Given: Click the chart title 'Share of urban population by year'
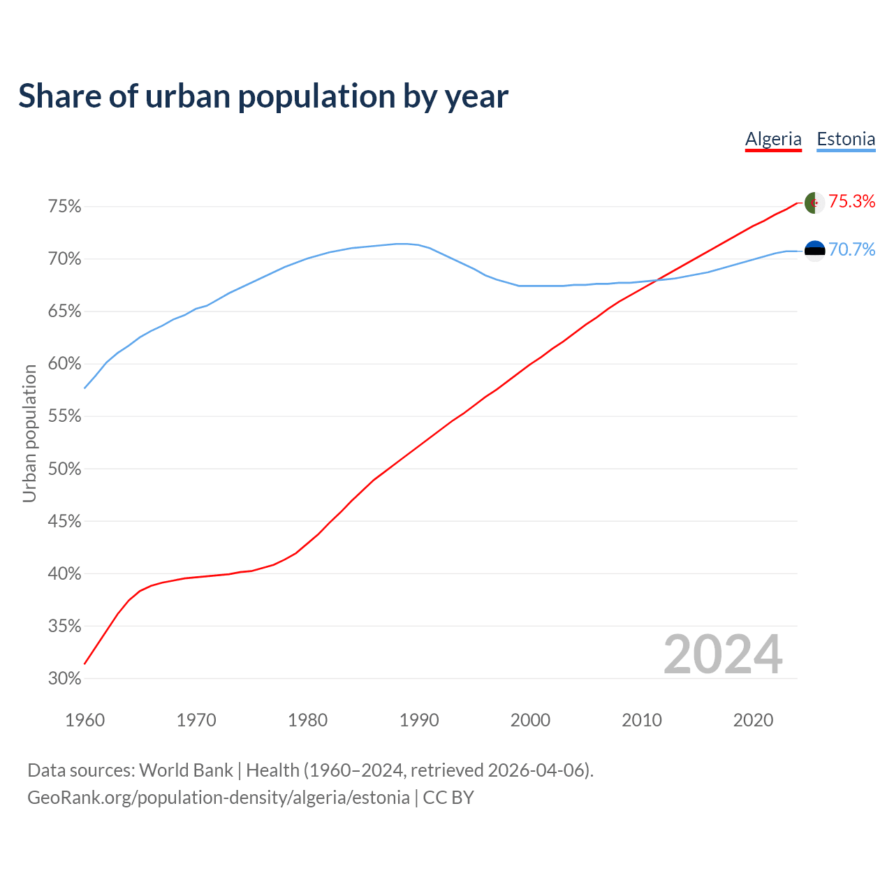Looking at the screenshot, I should click(263, 96).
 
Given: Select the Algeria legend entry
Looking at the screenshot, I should click(773, 139).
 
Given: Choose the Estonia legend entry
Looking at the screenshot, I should click(846, 139).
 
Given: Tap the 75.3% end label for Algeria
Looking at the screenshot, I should click(851, 202).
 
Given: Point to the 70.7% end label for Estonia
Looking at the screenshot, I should click(851, 250).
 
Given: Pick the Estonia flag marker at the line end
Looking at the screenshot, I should click(814, 250).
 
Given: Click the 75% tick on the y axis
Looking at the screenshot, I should click(65, 207).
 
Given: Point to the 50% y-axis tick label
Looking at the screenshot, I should click(65, 469).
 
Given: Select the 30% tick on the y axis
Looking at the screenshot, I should click(65, 679).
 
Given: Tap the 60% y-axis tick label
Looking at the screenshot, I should click(65, 364).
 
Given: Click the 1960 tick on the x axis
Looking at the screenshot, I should click(85, 720).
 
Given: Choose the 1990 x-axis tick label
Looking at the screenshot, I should click(419, 720).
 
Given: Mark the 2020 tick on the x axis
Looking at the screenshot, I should click(753, 720).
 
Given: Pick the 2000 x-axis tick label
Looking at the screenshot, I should click(530, 720).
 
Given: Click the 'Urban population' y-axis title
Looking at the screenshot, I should click(29, 433).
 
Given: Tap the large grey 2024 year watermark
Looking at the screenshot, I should click(722, 655).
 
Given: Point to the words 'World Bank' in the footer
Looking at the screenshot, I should click(186, 770).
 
